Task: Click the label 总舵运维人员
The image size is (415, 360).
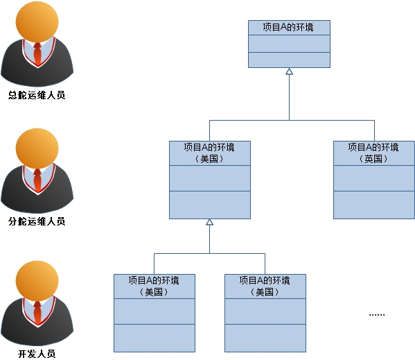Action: [x=37, y=95]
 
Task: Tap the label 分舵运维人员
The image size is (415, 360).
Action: [x=37, y=221]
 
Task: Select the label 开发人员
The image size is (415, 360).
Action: [x=37, y=354]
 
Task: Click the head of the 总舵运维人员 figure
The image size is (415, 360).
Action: [x=37, y=22]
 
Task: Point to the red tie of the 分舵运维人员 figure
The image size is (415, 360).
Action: [x=37, y=180]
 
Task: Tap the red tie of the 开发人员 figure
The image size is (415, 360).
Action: [x=37, y=313]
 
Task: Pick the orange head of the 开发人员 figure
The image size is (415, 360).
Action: [x=37, y=281]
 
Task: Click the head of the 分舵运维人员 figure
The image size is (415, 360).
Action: [x=37, y=149]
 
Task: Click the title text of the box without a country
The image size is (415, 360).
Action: [x=288, y=27]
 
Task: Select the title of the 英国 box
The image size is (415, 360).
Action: [x=373, y=153]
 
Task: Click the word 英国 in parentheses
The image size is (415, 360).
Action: [x=373, y=159]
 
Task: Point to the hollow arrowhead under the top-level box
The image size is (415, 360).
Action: [x=289, y=71]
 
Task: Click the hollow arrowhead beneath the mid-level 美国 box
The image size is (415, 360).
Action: [x=210, y=222]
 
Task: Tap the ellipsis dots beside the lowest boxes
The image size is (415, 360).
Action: [x=377, y=315]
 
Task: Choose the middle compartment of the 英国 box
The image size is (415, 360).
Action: [x=374, y=178]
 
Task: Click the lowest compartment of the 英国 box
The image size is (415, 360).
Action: [x=374, y=205]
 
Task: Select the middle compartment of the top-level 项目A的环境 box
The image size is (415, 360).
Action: [x=289, y=44]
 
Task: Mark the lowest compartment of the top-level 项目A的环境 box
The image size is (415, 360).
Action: [x=289, y=60]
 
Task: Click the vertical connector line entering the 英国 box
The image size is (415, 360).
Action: [x=374, y=130]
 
